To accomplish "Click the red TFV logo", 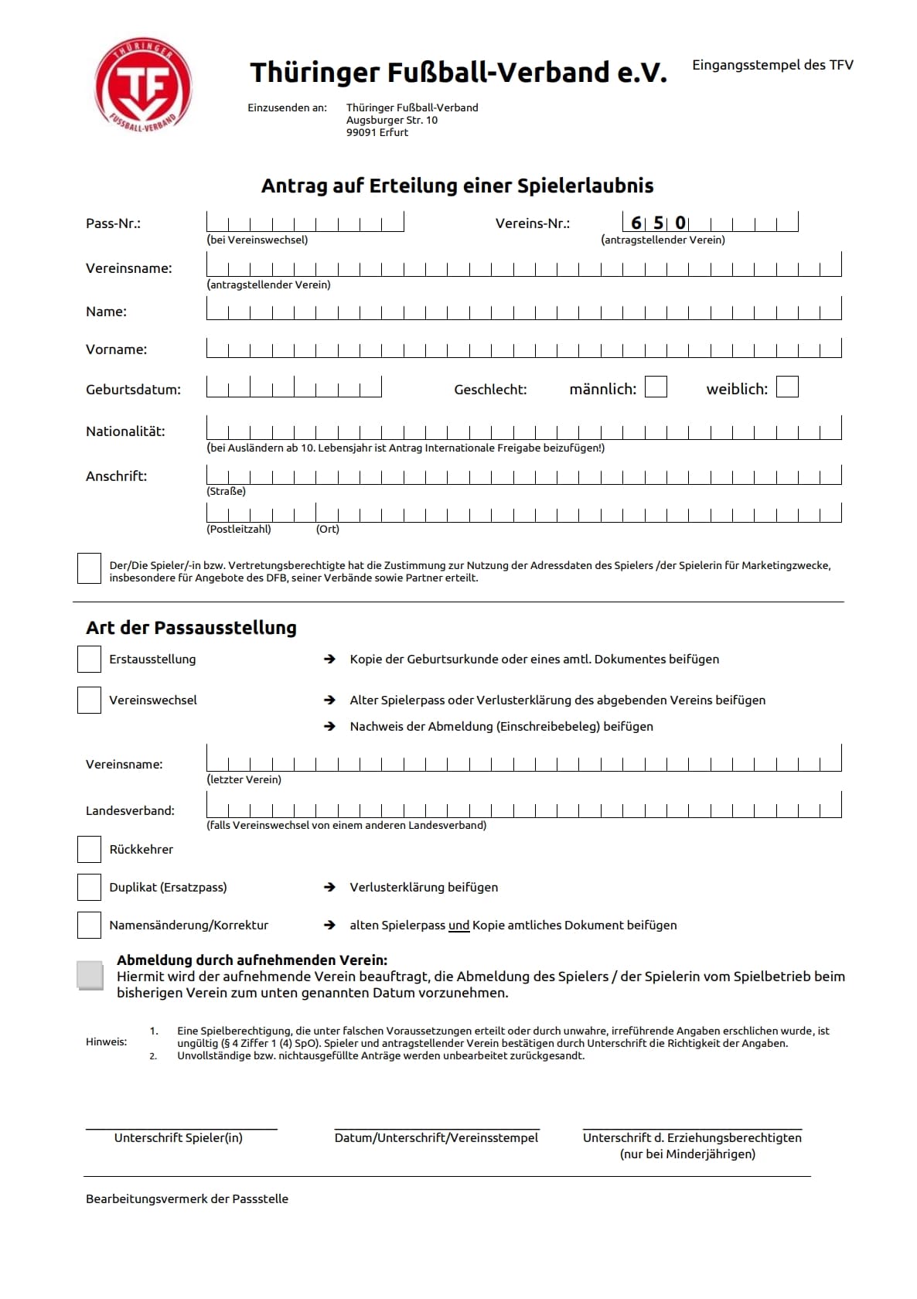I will point(142,84).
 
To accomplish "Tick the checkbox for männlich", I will point(656,387).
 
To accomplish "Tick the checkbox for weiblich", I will point(787,387).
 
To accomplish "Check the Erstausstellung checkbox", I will point(90,659).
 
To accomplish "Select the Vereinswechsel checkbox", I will point(90,700).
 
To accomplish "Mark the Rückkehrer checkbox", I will point(90,849).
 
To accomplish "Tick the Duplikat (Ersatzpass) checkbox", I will point(90,887).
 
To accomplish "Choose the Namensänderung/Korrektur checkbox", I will point(90,925).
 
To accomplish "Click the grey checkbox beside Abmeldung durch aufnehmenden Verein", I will point(90,975).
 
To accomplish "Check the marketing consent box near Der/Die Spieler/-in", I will point(90,568).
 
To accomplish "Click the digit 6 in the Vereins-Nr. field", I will point(636,223).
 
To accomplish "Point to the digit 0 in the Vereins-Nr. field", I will point(680,223).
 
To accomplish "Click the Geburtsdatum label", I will point(133,390).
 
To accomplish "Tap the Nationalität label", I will point(125,431).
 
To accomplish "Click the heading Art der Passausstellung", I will point(191,628).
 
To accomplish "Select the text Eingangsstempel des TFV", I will point(772,65).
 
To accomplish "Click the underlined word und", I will point(459,926).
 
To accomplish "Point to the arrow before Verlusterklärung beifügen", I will point(330,887).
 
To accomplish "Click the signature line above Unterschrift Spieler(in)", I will point(181,1130).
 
